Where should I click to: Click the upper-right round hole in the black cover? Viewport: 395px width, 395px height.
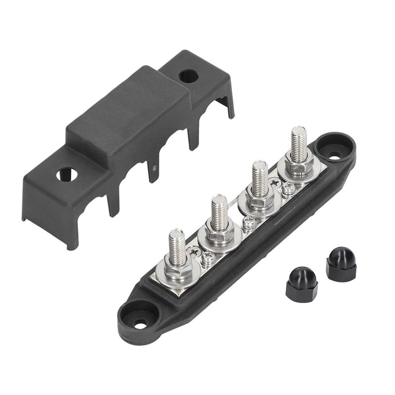(x=189, y=76)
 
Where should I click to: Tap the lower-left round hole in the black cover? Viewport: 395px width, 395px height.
(x=67, y=174)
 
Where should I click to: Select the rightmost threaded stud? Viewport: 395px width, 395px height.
(x=298, y=143)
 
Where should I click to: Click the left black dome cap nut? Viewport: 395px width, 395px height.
(x=301, y=283)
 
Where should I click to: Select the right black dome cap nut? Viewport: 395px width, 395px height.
(x=341, y=264)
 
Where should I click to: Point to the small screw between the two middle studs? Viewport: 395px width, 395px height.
(x=249, y=225)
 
